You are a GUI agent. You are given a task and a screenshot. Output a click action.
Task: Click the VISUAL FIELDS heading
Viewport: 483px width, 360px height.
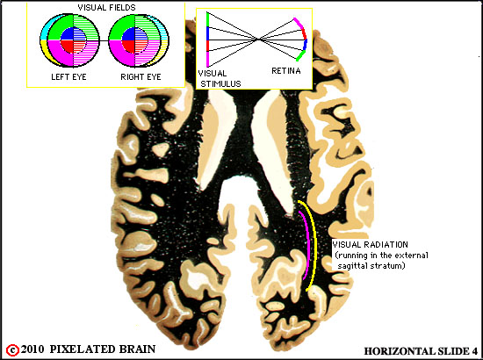coord(106,7)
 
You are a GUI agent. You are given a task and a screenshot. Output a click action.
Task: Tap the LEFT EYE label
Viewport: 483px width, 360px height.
coord(68,76)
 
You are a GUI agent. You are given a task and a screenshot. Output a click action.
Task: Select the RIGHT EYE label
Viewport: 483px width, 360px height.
coord(141,76)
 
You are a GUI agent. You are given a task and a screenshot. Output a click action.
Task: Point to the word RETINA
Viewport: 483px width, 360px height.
coord(286,71)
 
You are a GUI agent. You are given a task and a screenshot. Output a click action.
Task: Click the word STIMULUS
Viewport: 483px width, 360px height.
coord(220,83)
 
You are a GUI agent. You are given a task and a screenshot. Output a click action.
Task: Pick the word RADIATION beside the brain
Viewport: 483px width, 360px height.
coord(386,245)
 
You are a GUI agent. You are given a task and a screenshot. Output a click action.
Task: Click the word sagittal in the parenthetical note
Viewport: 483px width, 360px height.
coord(353,265)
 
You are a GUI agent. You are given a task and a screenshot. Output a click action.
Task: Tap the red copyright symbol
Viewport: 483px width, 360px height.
coord(12,350)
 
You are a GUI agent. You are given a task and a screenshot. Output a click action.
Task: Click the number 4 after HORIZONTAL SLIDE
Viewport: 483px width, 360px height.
coord(474,351)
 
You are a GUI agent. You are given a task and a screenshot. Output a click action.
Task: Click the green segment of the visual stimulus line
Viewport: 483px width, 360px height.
coord(207,19)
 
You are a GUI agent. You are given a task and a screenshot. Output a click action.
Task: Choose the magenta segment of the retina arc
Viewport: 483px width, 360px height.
coord(299,23)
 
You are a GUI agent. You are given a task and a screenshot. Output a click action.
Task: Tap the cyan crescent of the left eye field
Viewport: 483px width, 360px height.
coord(44,32)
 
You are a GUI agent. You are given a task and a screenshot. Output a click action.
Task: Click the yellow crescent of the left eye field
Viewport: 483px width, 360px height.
coord(47,51)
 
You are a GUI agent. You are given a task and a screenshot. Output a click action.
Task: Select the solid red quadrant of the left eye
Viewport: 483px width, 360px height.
coord(67,47)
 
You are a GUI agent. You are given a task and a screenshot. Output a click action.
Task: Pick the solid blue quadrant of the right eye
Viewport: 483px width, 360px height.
coord(128,34)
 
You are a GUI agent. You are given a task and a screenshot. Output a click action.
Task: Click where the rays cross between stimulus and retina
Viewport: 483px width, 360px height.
coord(259,40)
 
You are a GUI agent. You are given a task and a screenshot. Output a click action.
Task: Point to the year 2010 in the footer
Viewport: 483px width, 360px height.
coord(32,349)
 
